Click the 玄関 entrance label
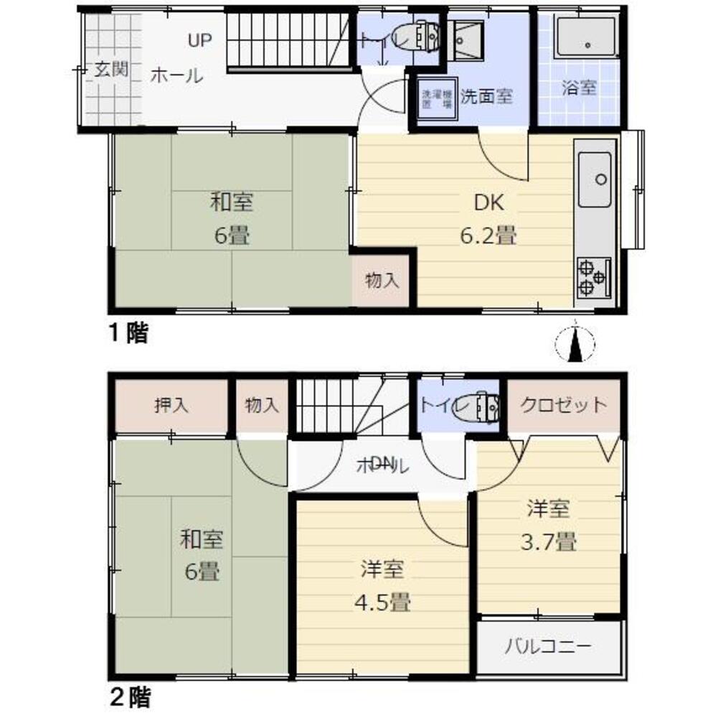(x=111, y=70)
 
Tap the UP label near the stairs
(x=199, y=40)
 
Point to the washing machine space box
(x=435, y=99)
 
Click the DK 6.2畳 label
(x=493, y=218)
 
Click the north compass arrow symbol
(x=575, y=344)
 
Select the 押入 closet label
(x=171, y=406)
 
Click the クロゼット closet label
(x=563, y=405)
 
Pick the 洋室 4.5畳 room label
(x=382, y=585)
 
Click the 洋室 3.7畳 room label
(x=549, y=525)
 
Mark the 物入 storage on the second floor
(x=262, y=406)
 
